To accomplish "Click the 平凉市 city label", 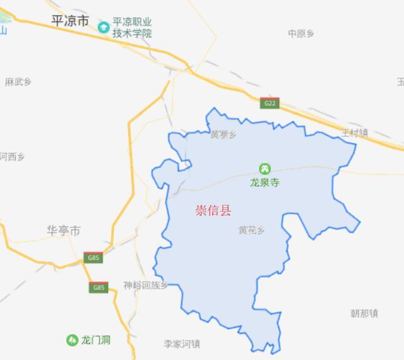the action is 70,21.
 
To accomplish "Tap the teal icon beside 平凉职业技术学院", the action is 104,27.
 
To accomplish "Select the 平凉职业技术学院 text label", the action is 133,28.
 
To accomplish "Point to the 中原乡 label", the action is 301,33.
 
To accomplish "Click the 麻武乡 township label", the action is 18,81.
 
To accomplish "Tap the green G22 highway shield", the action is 270,103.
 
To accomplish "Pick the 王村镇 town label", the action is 354,133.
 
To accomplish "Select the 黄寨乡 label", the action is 223,135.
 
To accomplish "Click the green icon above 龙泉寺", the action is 264,169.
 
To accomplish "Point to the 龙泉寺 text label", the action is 264,183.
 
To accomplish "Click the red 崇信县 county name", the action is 213,210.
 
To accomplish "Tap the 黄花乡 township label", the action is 251,231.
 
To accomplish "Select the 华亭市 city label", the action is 64,231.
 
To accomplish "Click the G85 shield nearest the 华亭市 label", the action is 93,258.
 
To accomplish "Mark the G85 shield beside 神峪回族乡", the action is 98,288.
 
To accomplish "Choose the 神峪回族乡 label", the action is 146,285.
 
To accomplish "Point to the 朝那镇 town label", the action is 364,313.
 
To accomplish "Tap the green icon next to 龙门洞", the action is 72,340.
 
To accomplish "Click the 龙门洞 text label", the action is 96,340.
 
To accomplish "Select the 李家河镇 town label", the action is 182,344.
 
